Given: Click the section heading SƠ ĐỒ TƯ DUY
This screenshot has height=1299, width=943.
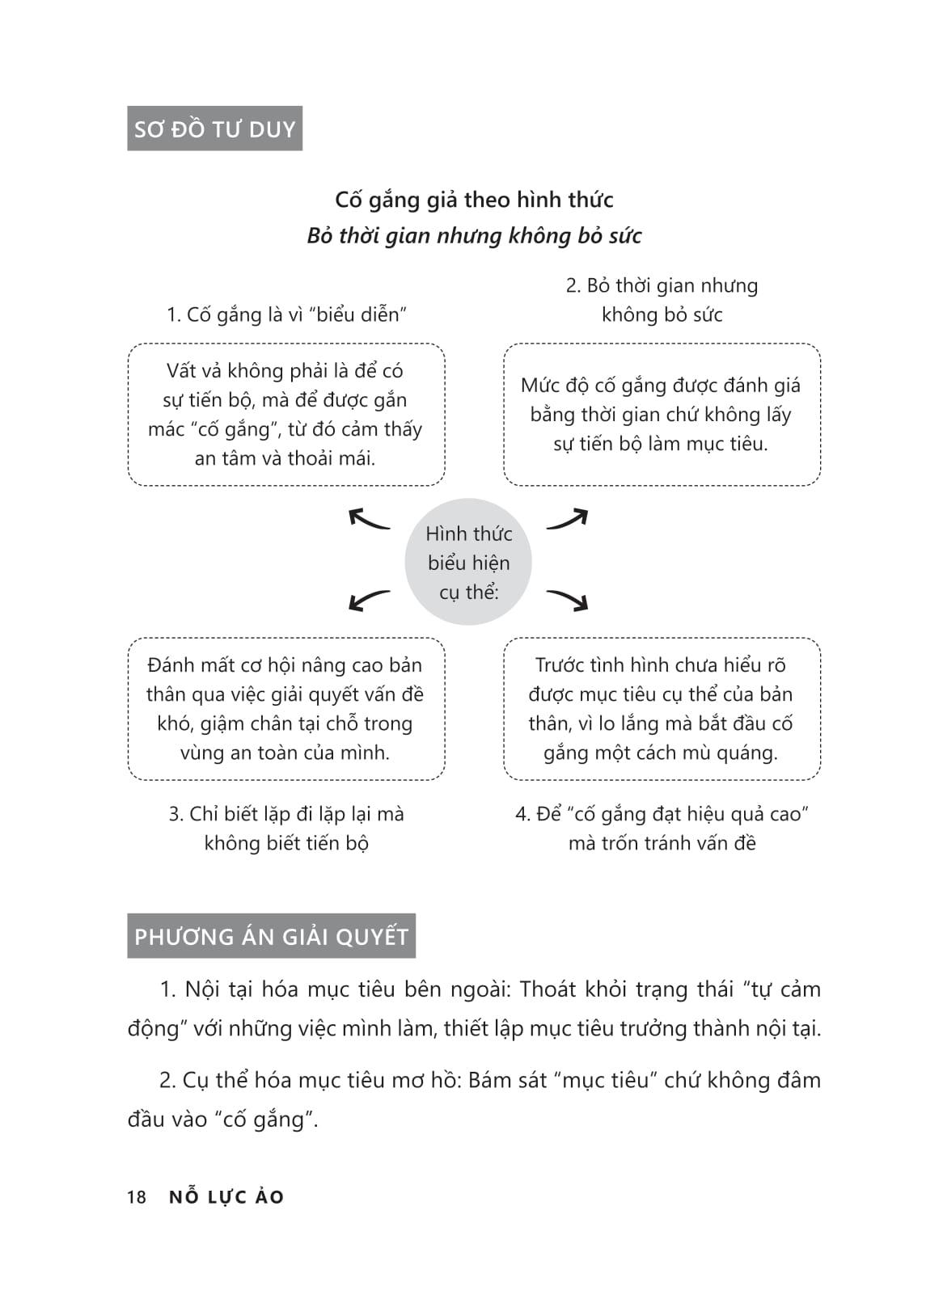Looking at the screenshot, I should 214,129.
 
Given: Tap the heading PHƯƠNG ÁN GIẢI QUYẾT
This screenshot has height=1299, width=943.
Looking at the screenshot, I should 271,936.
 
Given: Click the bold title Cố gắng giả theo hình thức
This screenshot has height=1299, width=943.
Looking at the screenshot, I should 474,200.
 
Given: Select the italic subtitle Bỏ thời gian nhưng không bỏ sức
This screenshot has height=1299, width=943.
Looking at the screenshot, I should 474,236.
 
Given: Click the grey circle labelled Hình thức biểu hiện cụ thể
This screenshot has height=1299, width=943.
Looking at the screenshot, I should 468,562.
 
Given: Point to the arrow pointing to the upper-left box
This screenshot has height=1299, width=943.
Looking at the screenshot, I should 369,519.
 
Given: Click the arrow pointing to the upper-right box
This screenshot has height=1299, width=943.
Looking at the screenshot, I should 568,519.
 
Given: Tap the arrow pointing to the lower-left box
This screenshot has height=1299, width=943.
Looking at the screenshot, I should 369,599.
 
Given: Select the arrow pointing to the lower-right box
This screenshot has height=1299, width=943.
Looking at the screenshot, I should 568,599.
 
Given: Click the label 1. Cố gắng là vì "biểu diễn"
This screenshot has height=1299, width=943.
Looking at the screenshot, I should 286,314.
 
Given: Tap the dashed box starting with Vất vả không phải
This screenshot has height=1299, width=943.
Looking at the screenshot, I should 286,415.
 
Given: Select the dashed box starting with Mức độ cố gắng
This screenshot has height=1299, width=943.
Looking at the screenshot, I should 662,415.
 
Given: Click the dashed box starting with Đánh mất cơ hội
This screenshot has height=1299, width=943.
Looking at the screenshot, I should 286,709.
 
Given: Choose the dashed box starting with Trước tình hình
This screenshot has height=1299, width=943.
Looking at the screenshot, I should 662,709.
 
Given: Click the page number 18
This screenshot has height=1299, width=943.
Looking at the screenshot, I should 137,1197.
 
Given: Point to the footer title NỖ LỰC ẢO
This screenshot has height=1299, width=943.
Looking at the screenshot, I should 226,1197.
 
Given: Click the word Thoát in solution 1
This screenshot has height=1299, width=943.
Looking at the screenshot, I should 548,989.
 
